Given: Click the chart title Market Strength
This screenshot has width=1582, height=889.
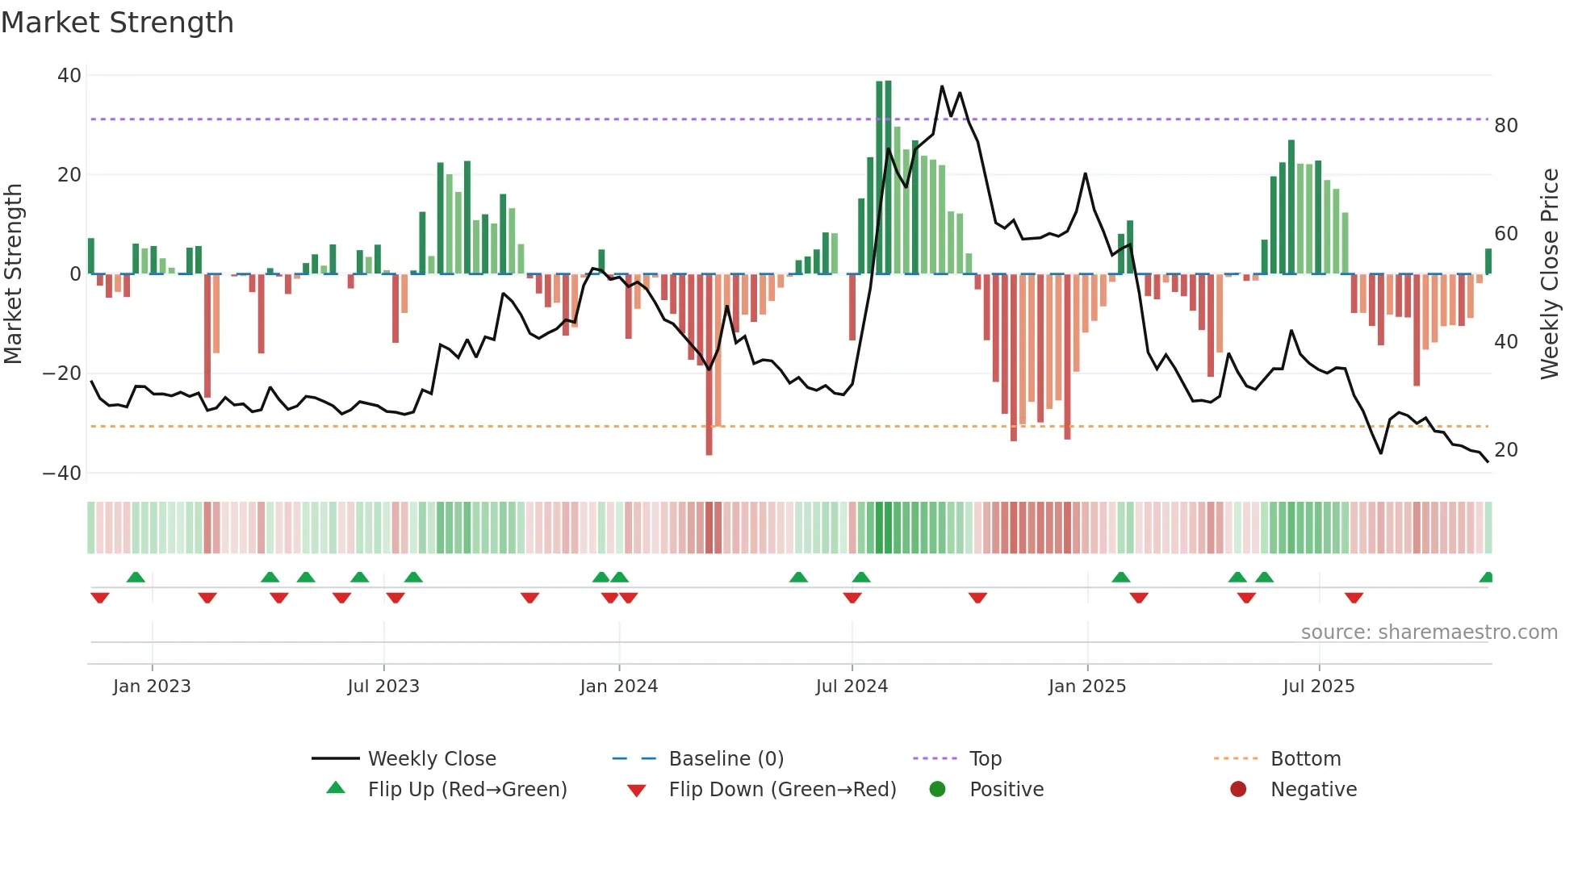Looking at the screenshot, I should pos(117,23).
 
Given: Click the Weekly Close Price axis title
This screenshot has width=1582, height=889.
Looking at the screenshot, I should pos(1549,273).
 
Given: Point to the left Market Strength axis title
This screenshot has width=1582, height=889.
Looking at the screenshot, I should pos(13,273).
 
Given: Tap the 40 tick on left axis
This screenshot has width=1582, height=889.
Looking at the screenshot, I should pos(69,76).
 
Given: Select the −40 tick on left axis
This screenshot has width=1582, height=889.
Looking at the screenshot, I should pos(62,474).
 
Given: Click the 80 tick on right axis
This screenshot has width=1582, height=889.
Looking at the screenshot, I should pos(1505,126).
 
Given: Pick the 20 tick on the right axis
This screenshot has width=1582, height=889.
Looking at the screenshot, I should pos(1505,450).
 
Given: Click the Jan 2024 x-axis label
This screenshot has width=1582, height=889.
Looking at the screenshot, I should pos(618,687).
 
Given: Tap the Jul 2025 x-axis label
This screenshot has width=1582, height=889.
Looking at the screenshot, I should pos(1318,687).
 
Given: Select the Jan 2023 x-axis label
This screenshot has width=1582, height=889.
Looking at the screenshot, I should pos(152,687).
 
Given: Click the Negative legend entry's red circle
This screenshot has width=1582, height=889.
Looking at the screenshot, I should pos(1238,790).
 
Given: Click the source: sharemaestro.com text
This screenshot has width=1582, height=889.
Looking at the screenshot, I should pos(1429,632).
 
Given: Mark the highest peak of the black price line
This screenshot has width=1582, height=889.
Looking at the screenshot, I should pos(942,86).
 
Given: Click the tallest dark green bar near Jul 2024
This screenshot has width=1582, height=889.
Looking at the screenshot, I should pos(888,177).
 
